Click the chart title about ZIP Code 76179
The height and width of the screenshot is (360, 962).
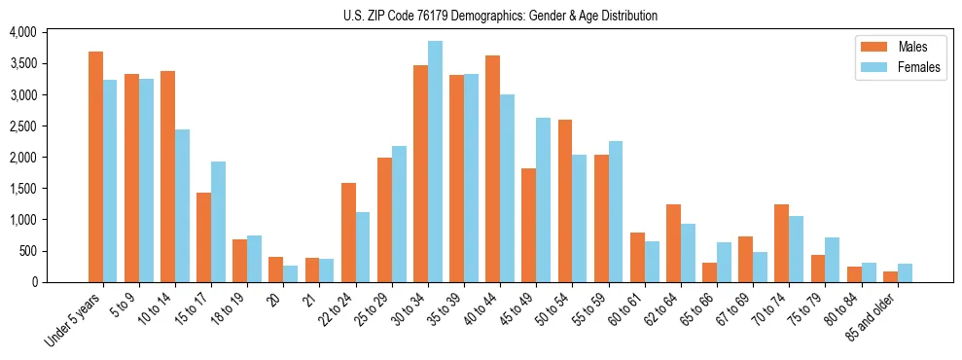(x=500, y=16)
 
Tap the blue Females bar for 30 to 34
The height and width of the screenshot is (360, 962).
(x=435, y=162)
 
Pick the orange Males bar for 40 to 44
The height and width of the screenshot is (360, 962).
(x=493, y=169)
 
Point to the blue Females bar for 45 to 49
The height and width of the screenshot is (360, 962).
(x=543, y=200)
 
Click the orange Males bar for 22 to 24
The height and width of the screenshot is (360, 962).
(x=348, y=233)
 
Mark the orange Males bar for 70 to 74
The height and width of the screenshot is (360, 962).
(x=782, y=243)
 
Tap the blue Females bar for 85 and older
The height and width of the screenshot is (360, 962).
(x=905, y=273)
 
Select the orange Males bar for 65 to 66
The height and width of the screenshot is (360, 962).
(x=709, y=272)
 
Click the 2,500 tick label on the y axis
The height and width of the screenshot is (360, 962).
(x=22, y=126)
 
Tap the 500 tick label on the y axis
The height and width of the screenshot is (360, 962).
(x=26, y=251)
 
